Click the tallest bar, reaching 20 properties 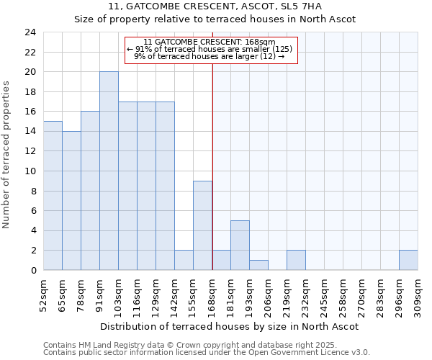109,171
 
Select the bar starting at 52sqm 53,196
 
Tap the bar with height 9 202,225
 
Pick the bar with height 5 240,246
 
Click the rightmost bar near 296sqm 408,260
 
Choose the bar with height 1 258,265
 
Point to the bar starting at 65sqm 71,201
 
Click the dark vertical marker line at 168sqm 212,166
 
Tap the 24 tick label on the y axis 30,32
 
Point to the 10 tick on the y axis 30,171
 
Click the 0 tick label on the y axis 32,270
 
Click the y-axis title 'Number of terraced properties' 7,155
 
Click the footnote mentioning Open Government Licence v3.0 207,353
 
